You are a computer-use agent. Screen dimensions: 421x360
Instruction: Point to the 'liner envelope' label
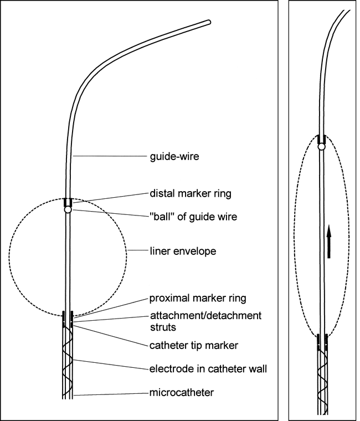click(183, 251)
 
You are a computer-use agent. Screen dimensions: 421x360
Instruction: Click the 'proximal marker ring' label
click(198, 299)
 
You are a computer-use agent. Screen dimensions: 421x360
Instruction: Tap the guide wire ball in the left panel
click(68, 210)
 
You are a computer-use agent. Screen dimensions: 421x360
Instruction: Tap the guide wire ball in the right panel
click(321, 147)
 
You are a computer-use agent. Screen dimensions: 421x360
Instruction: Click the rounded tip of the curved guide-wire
click(208, 23)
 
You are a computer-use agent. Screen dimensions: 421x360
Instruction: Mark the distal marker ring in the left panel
click(68, 202)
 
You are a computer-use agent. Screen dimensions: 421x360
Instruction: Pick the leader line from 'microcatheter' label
click(111, 394)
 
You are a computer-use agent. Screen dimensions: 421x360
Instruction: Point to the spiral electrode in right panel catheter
click(321, 382)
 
